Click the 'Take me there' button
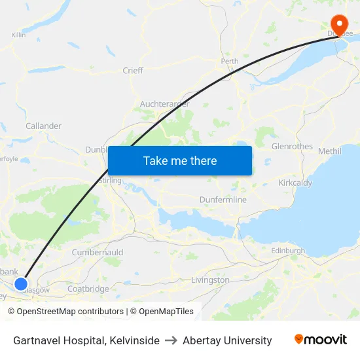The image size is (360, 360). click(180, 160)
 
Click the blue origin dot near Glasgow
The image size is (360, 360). click(21, 284)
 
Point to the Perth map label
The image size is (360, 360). click(230, 62)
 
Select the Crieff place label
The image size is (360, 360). click(133, 71)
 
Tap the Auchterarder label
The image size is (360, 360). click(164, 104)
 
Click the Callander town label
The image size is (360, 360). click(43, 126)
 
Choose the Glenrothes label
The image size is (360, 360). click(292, 146)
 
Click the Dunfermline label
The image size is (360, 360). click(223, 200)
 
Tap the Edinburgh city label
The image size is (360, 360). click(288, 251)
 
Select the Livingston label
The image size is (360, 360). click(210, 280)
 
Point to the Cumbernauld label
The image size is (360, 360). click(98, 252)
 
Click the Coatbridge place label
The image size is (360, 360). click(88, 289)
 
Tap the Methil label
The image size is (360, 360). click(329, 151)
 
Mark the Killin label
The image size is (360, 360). click(18, 35)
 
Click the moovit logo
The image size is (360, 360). click(320, 340)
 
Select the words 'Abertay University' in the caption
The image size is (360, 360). click(227, 340)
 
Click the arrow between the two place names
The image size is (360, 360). click(171, 340)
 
